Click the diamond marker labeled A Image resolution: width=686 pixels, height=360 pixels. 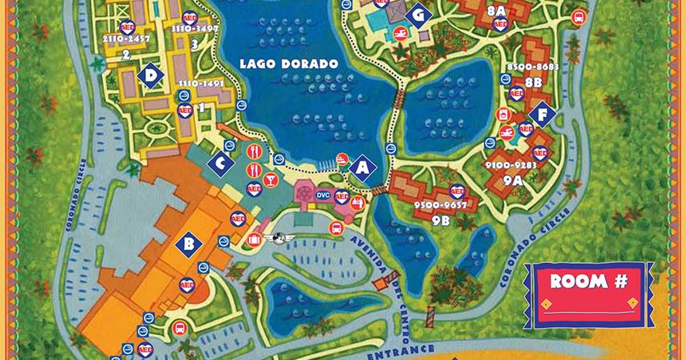pos(362,168)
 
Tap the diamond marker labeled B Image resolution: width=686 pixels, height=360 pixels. pos(189,245)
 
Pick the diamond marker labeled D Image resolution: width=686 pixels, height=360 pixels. pos(151,75)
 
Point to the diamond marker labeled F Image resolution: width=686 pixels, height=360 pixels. pos(541,115)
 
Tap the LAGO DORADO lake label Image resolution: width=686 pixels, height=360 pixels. pos(289,64)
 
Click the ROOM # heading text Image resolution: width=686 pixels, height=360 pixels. pos(588,281)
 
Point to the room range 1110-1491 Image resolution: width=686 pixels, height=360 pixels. pos(200,83)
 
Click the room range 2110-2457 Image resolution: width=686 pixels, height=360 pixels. pos(126,39)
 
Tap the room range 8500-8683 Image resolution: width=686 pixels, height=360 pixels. pos(533,66)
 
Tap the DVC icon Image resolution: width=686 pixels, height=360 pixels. pos(324,195)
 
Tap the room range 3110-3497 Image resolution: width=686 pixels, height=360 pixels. pos(195,29)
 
